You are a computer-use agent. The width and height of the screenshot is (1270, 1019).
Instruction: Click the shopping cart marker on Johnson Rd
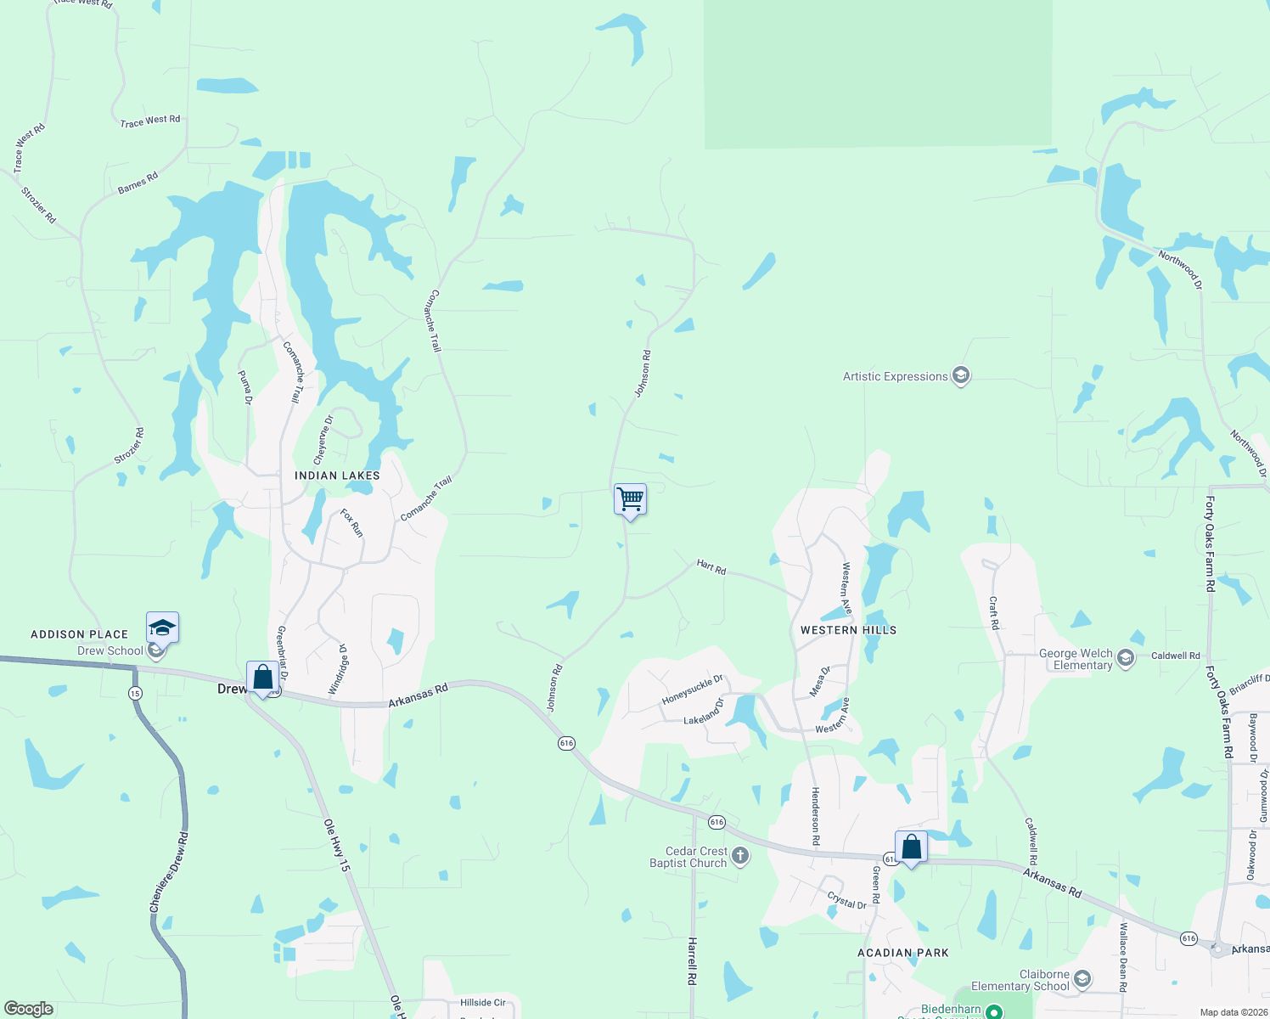[x=630, y=499]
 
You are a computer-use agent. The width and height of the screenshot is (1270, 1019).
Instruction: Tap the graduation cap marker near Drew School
[x=162, y=628]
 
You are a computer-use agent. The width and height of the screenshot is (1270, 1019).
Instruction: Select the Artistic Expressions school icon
[x=961, y=375]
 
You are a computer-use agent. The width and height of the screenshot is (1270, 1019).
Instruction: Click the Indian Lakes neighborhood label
[x=337, y=476]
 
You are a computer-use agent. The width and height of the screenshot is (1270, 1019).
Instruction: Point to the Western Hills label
[x=848, y=630]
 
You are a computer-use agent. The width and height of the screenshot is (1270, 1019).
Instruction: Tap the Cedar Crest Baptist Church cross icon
[x=740, y=856]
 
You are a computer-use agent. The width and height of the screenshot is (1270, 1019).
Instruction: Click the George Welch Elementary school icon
[x=1126, y=658]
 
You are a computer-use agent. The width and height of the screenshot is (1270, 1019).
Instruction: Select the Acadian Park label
[x=903, y=953]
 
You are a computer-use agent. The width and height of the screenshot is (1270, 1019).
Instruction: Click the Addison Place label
[x=80, y=634]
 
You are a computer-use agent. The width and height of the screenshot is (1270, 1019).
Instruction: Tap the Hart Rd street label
[x=711, y=567]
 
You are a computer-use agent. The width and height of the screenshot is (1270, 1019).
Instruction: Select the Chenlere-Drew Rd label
[x=169, y=872]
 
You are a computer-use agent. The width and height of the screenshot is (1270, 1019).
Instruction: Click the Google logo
[x=28, y=1009]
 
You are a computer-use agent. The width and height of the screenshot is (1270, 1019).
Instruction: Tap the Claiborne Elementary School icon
[x=1082, y=979]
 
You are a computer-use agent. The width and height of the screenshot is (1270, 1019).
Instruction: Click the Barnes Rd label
[x=138, y=183]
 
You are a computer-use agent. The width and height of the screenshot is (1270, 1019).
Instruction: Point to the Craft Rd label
[x=994, y=612]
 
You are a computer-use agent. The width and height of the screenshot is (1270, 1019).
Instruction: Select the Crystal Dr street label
[x=847, y=900]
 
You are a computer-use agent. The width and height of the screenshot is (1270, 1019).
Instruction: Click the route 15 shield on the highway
[x=135, y=693]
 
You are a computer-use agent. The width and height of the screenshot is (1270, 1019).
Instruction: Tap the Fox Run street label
[x=351, y=522]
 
